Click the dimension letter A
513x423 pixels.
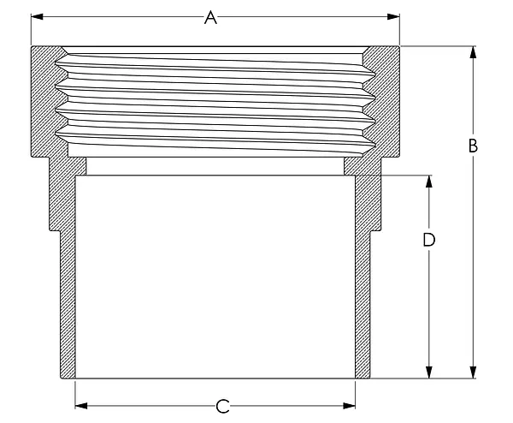coord(210,17)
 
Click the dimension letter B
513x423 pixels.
coord(473,146)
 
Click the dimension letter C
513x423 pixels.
coord(222,406)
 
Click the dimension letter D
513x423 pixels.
coord(429,240)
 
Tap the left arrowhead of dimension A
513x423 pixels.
coord(37,17)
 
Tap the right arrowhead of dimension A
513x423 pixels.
coord(393,17)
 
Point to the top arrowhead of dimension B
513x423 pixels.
coord(473,52)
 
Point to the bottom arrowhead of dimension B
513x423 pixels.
coord(473,372)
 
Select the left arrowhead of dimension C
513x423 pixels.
coord(81,406)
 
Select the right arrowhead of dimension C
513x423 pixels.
coord(349,406)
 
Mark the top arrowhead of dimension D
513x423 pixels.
coord(429,182)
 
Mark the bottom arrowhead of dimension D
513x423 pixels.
coord(429,372)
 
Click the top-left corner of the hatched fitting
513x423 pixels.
coord(32,46)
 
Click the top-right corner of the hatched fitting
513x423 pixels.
coord(398,46)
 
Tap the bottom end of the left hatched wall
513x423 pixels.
coord(68,378)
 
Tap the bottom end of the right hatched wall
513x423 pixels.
coord(363,378)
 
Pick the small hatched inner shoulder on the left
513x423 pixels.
coord(77,166)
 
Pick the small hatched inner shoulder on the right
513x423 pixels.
coord(353,166)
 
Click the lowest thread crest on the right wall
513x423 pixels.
coord(374,144)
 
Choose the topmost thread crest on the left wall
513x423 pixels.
coord(57,63)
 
